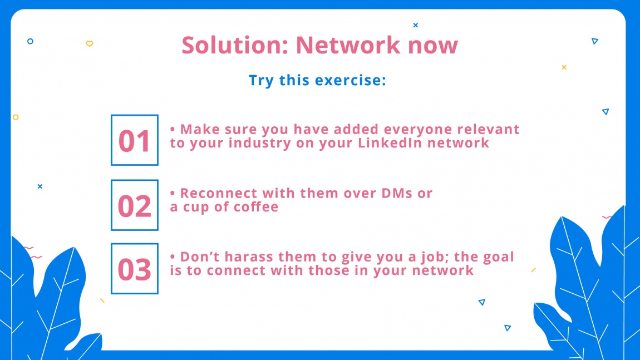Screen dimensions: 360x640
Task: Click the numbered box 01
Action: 135,140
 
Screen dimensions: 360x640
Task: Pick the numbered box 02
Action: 135,205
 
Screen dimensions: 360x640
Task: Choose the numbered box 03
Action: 135,269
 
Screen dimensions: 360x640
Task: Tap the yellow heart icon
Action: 89,43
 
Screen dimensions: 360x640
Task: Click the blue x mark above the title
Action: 415,25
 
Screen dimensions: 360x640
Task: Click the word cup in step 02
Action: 194,208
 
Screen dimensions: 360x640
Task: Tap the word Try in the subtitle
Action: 261,80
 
